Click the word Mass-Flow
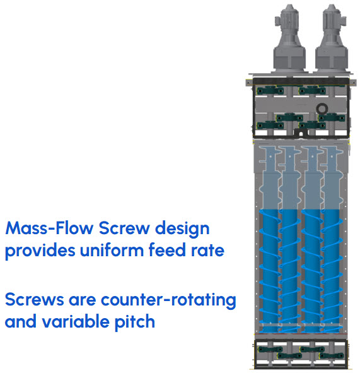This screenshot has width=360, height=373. click(x=49, y=228)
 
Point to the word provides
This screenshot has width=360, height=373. click(x=40, y=251)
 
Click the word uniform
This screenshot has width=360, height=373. click(x=112, y=250)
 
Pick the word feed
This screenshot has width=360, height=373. click(x=167, y=250)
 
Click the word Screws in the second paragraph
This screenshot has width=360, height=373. click(x=35, y=299)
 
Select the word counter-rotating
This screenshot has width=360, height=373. click(x=168, y=300)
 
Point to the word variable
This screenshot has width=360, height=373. click(x=75, y=321)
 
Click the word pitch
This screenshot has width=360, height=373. click(x=135, y=323)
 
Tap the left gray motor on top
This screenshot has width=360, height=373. click(x=289, y=39)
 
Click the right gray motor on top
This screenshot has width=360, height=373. click(x=332, y=39)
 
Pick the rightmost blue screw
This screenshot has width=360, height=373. click(x=332, y=271)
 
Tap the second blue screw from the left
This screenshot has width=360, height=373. click(x=289, y=271)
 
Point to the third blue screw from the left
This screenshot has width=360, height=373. click(x=311, y=271)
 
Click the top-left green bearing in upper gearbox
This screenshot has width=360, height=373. click(x=270, y=91)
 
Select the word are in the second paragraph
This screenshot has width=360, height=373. click(x=83, y=300)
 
